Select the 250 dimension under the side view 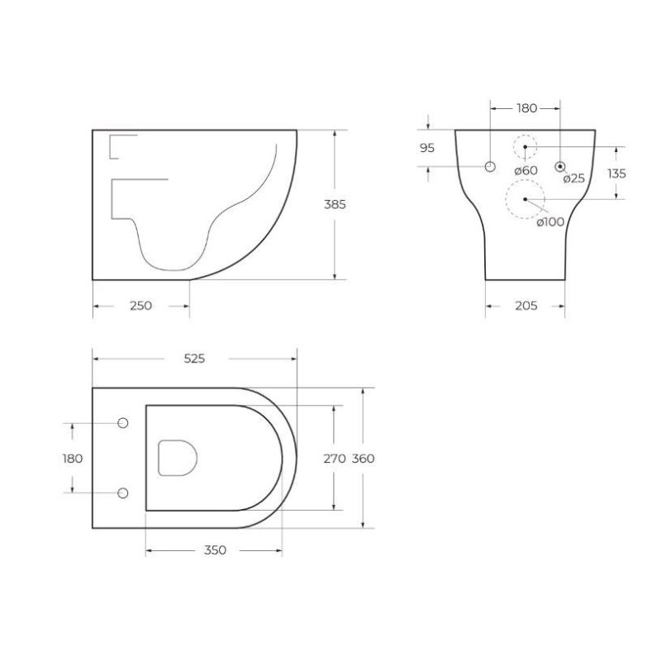[141, 306]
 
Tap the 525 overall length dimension [194, 359]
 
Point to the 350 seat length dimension [213, 550]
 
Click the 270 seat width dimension [334, 459]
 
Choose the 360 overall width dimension [364, 459]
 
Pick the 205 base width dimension [525, 306]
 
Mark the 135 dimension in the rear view [616, 174]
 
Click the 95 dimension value [427, 149]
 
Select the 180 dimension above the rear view [526, 108]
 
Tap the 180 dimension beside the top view [73, 459]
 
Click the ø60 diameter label [525, 170]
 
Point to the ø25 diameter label [573, 178]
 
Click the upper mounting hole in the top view [123, 424]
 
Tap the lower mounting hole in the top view [123, 493]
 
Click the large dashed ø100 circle [524, 199]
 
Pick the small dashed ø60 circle [525, 147]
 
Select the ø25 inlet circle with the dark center [560, 166]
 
